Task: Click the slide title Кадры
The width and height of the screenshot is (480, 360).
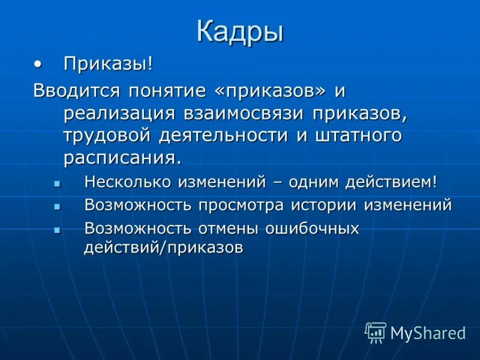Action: (x=240, y=32)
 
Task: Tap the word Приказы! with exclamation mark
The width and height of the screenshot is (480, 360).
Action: (x=108, y=64)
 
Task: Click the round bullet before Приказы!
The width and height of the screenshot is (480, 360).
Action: (x=39, y=63)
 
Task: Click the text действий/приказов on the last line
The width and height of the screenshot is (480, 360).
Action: (x=164, y=248)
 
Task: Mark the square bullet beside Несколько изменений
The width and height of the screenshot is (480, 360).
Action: (x=58, y=182)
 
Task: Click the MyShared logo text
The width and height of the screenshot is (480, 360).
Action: (x=427, y=333)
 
